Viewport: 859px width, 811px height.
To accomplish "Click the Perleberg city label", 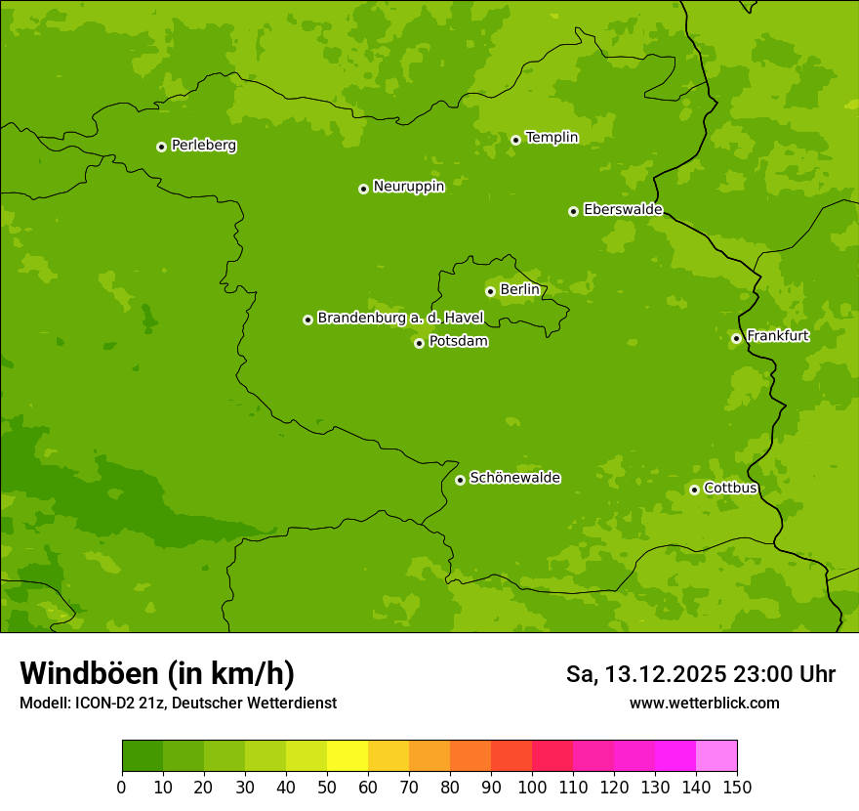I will pyautogui.click(x=203, y=146).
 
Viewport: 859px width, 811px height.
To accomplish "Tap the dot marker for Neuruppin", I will pyautogui.click(x=363, y=189).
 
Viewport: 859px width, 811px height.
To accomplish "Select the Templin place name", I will pyautogui.click(x=552, y=138).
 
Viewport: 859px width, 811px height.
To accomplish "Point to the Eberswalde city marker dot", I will pyautogui.click(x=573, y=211).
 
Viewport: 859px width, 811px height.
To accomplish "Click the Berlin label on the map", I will pyautogui.click(x=519, y=290).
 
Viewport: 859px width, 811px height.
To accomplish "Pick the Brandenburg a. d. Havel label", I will pyautogui.click(x=400, y=319).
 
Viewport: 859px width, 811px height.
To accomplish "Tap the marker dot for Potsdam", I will pyautogui.click(x=419, y=343).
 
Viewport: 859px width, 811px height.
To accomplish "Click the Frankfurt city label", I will pyautogui.click(x=777, y=336).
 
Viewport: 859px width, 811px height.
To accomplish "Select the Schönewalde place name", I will pyautogui.click(x=514, y=478).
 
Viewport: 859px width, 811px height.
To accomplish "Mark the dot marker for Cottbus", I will pyautogui.click(x=694, y=490).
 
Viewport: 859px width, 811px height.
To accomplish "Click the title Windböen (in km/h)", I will pyautogui.click(x=157, y=674).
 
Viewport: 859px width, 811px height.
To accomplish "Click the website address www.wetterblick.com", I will pyautogui.click(x=704, y=704).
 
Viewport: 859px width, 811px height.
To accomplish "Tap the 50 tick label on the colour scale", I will pyautogui.click(x=327, y=787).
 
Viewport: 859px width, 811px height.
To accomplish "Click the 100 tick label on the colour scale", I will pyautogui.click(x=532, y=787).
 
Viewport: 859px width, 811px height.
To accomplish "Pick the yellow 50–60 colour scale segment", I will pyautogui.click(x=348, y=756).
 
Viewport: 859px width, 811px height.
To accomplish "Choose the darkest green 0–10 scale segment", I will pyautogui.click(x=143, y=756).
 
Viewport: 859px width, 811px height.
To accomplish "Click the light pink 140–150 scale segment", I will pyautogui.click(x=716, y=756).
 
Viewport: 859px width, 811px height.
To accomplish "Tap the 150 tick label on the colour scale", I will pyautogui.click(x=737, y=787).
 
